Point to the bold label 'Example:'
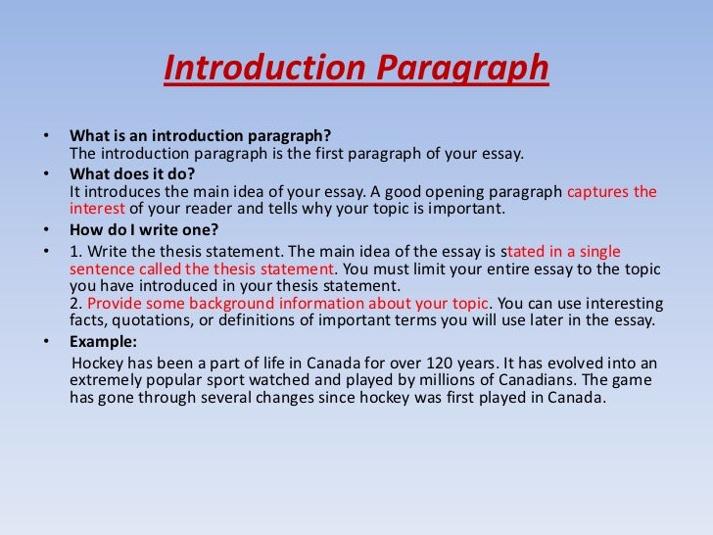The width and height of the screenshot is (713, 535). point(104,342)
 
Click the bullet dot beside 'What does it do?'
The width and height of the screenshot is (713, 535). point(49,173)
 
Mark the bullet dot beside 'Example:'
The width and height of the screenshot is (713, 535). point(49,343)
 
